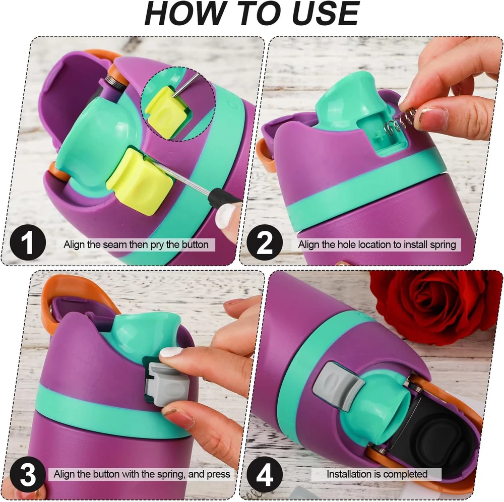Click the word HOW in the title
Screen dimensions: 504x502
(x=183, y=13)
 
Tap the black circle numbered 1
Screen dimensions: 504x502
(x=28, y=243)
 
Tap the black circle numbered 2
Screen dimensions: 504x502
(x=265, y=243)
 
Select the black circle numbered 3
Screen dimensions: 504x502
(x=28, y=475)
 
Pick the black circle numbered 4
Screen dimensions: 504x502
(x=265, y=475)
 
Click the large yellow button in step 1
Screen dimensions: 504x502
(x=140, y=180)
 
